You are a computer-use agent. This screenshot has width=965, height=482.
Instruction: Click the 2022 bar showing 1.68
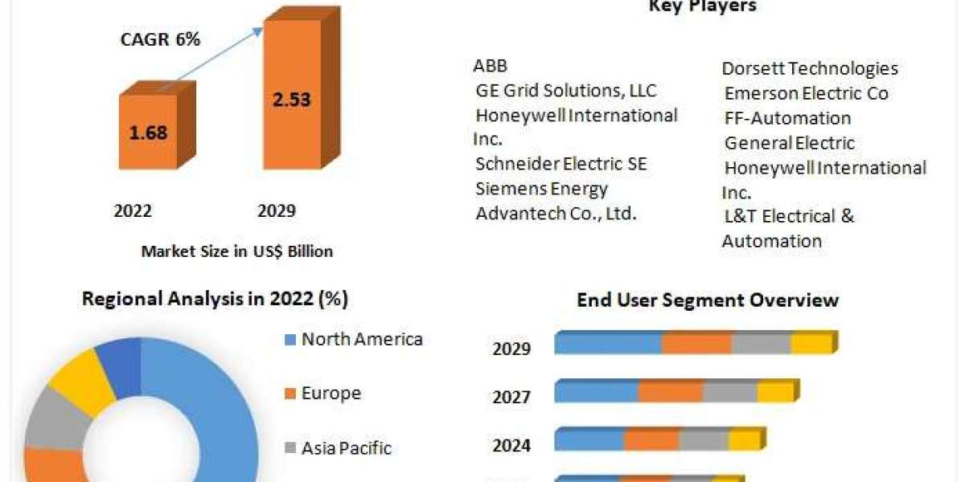[148, 132]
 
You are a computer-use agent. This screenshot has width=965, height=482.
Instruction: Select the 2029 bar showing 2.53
[290, 100]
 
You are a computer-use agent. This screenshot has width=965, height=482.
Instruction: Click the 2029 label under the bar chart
[276, 211]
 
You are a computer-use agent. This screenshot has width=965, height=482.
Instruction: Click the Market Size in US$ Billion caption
[236, 251]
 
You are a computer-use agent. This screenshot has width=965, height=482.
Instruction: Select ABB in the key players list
[491, 66]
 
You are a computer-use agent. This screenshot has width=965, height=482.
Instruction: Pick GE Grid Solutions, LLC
[566, 91]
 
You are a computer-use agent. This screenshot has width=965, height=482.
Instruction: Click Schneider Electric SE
[561, 164]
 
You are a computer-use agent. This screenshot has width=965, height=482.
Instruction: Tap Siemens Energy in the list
[541, 189]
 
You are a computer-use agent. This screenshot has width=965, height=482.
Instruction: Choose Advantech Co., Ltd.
[556, 214]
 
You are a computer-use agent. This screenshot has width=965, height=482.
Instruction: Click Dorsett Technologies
[809, 69]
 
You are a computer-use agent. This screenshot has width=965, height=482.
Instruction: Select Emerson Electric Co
[806, 94]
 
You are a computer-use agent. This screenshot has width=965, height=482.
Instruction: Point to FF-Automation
[787, 118]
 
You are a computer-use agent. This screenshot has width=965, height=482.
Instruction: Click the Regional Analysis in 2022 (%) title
[215, 300]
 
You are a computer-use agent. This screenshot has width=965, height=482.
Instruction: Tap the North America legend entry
[361, 339]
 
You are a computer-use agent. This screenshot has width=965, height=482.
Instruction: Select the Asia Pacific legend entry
[346, 448]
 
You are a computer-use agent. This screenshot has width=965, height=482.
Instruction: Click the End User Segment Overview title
[708, 300]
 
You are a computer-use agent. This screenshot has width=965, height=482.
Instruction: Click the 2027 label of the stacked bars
[511, 397]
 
